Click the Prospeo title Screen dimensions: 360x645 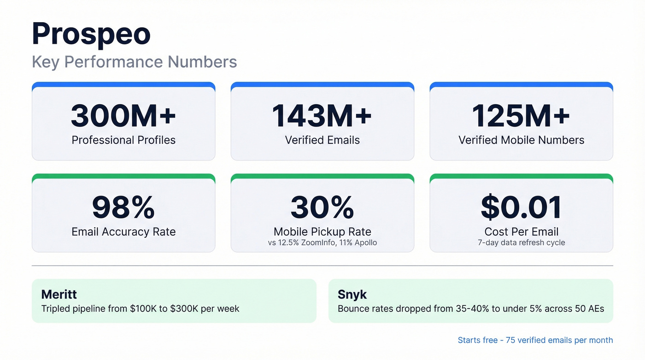tap(91, 34)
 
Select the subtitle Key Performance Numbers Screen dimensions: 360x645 tap(134, 62)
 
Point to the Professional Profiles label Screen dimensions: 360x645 tap(123, 140)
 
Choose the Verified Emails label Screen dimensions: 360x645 tap(322, 140)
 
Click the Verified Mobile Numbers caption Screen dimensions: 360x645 tap(521, 140)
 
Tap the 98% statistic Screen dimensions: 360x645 tap(123, 207)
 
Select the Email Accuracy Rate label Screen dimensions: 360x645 tap(123, 232)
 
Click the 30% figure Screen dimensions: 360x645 tap(322, 207)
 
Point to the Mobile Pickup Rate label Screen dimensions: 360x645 tap(322, 232)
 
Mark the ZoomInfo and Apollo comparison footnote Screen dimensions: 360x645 tap(322, 242)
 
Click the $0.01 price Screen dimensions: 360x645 tap(521, 207)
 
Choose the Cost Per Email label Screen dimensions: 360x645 tap(521, 232)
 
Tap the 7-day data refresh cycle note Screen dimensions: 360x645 tap(521, 242)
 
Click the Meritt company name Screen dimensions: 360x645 tap(59, 295)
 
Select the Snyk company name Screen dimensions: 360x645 tap(352, 295)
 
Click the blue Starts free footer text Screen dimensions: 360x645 tap(535, 340)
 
